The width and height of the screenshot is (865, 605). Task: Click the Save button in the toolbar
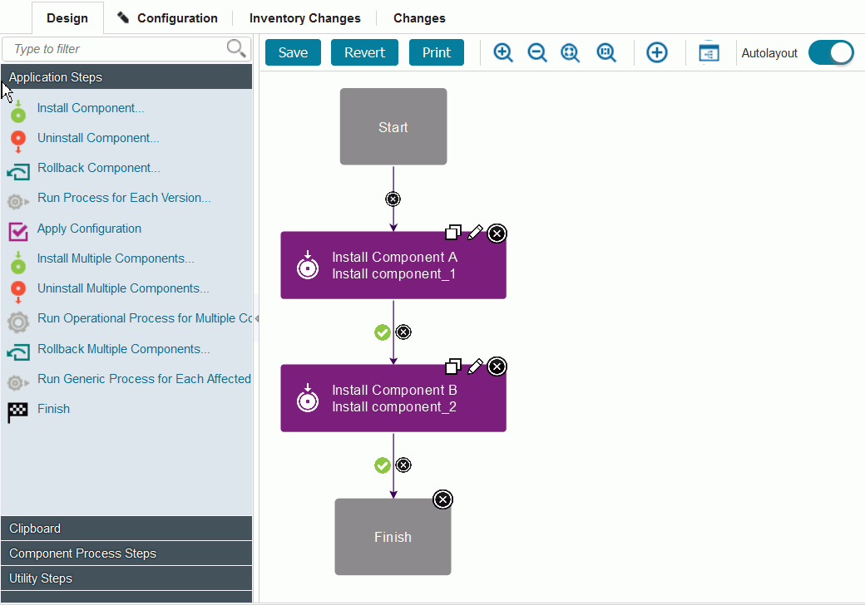click(293, 52)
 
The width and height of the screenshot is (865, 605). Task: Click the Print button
click(437, 52)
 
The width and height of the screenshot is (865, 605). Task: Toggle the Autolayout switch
click(830, 52)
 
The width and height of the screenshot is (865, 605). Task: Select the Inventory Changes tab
click(304, 17)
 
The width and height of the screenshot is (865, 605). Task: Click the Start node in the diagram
click(393, 127)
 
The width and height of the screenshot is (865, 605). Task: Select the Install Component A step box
click(393, 266)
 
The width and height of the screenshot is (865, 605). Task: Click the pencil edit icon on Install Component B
click(475, 366)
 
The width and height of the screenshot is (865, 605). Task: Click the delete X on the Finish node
click(443, 499)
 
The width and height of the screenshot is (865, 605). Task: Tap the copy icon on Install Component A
click(453, 233)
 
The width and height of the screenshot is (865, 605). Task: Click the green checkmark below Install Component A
click(383, 332)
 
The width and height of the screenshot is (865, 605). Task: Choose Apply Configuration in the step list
click(89, 229)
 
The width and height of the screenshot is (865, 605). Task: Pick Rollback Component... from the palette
click(98, 168)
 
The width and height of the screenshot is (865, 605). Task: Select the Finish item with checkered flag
click(53, 409)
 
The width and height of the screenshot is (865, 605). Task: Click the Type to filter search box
click(116, 49)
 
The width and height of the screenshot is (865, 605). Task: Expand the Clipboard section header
click(126, 529)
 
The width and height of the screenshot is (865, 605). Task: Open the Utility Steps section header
click(126, 578)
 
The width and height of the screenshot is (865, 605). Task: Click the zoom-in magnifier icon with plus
click(502, 52)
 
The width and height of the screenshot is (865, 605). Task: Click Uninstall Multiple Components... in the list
click(123, 288)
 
